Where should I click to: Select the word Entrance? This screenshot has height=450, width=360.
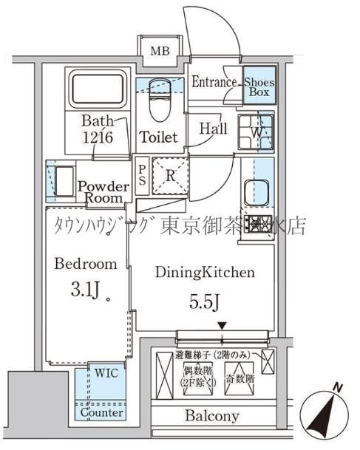point(214,83)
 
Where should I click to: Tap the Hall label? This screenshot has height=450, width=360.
point(214,128)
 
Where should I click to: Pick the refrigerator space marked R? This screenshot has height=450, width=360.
point(169,176)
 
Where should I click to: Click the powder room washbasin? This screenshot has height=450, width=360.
point(61,181)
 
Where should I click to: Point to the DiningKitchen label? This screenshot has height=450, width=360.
point(205,273)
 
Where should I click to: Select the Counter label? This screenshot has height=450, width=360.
point(101,413)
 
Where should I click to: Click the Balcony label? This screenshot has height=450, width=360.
point(211,416)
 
